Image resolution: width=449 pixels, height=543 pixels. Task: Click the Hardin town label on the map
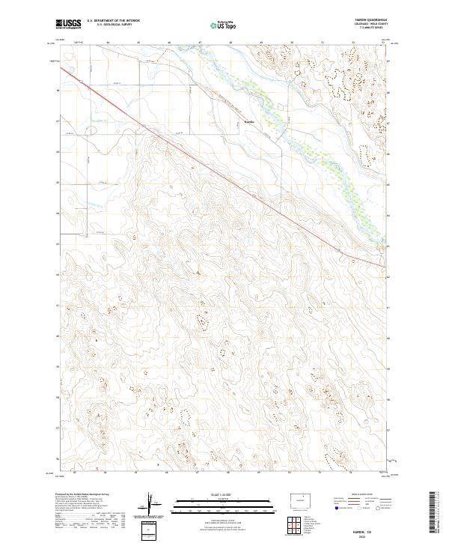pos(250,121)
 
